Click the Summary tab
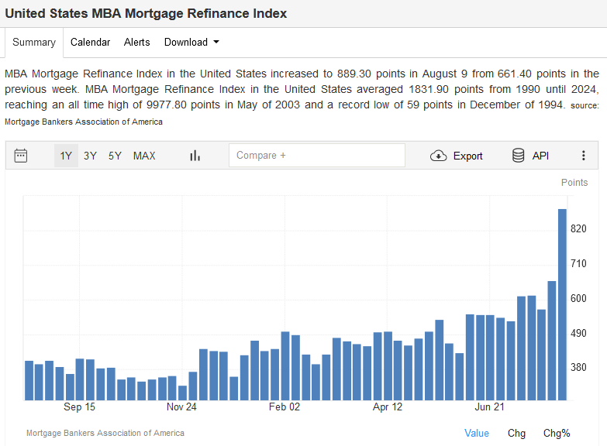coord(34,43)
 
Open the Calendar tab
coord(90,43)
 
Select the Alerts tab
coord(137,43)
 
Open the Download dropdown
coord(191,43)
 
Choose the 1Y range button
coord(66,156)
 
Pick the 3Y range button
coord(91,156)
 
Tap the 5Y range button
coord(115,156)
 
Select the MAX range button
coord(144,156)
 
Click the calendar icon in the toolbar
coord(21,156)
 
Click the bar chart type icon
coord(195,156)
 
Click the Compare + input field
coord(316,156)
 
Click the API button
coord(531,156)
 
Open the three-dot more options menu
coord(584,156)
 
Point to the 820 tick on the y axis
coord(578,229)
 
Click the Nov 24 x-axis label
coord(182,407)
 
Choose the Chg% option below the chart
coord(557,433)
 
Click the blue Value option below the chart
coord(477,433)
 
